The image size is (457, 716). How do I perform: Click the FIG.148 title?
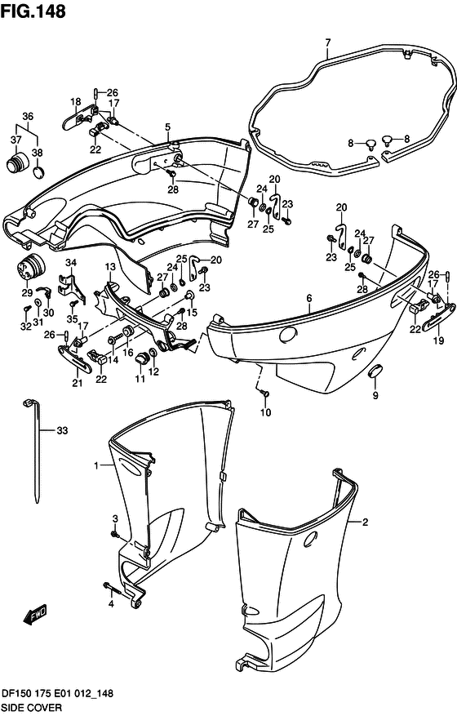click(33, 11)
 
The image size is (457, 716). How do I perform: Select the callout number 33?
click(62, 430)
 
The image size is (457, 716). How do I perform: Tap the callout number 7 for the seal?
click(328, 43)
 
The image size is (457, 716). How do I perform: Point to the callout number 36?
click(28, 117)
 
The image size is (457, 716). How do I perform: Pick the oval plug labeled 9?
click(375, 371)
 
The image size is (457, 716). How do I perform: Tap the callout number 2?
click(365, 522)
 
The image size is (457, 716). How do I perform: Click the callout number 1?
click(96, 465)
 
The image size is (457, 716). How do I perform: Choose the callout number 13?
click(110, 266)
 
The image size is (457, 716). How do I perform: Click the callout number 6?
click(309, 298)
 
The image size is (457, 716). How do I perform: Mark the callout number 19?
click(438, 340)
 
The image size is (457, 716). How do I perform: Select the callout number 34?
click(70, 263)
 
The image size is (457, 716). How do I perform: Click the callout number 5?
click(167, 127)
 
